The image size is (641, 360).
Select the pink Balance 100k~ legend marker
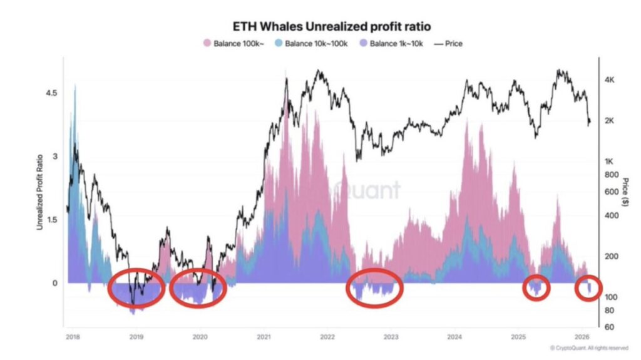207,44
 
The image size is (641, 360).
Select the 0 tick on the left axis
54,283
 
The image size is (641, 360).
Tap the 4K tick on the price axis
611,80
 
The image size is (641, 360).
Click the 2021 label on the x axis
264,337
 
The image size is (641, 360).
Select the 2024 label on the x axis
454,337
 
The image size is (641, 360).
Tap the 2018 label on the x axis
73,337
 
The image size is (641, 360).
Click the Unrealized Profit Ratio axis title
39,191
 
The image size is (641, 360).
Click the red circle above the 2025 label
536,287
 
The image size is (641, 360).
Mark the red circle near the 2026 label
589,288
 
